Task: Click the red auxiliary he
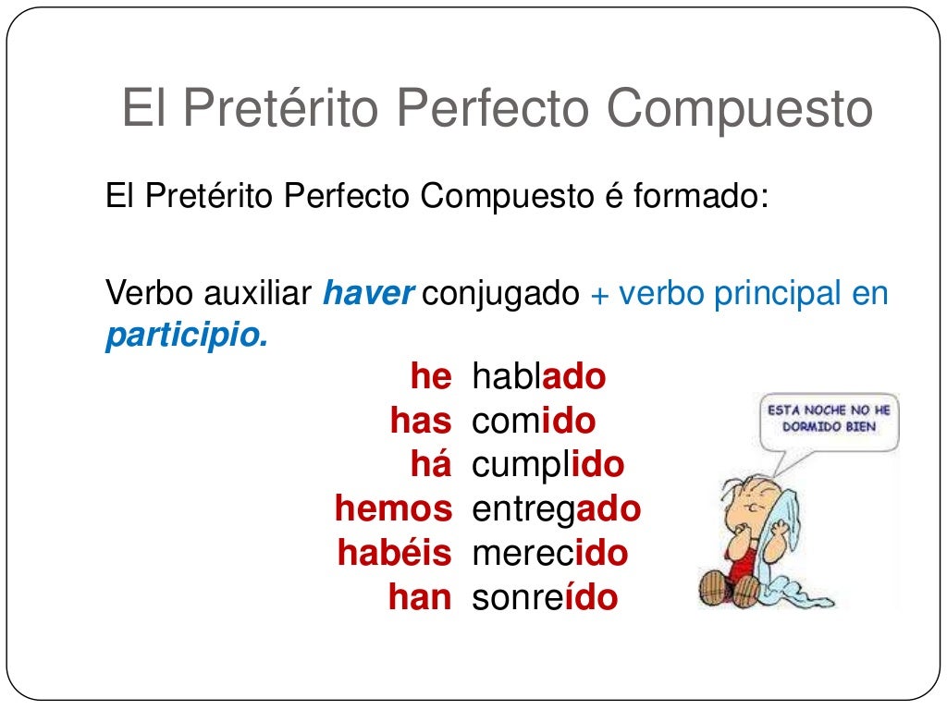(x=430, y=377)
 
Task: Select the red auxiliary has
(x=421, y=422)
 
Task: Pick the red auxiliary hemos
(x=393, y=508)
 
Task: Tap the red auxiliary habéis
(x=394, y=553)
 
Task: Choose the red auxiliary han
(x=419, y=597)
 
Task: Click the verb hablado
(x=538, y=377)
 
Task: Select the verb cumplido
(x=547, y=465)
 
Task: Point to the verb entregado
(x=556, y=508)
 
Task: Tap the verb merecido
(x=549, y=553)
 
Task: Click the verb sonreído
(x=544, y=597)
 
